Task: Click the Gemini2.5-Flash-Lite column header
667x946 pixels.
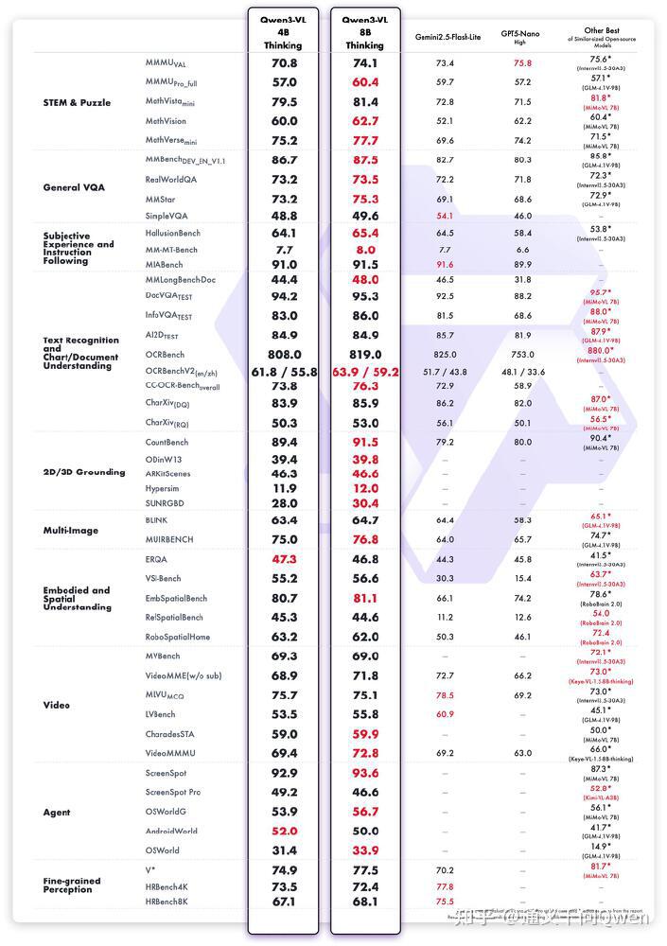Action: click(448, 36)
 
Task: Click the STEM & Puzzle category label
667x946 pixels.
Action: click(77, 102)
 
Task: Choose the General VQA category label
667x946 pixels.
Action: click(74, 187)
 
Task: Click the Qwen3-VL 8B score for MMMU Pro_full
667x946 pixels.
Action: click(364, 82)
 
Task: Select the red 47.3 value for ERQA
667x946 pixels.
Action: click(284, 559)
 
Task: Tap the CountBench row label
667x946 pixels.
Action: click(167, 443)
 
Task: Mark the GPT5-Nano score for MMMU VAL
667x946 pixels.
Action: click(522, 63)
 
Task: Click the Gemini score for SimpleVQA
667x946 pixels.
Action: click(445, 217)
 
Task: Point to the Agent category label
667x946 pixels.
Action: click(58, 813)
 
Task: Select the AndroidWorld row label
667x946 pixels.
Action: click(171, 832)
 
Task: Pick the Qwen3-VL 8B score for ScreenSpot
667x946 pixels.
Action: click(364, 773)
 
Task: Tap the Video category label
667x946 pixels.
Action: click(57, 705)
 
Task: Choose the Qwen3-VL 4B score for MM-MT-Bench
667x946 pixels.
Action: click(284, 250)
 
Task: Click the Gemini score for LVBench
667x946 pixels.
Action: click(445, 714)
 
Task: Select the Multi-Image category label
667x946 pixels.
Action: click(70, 531)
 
